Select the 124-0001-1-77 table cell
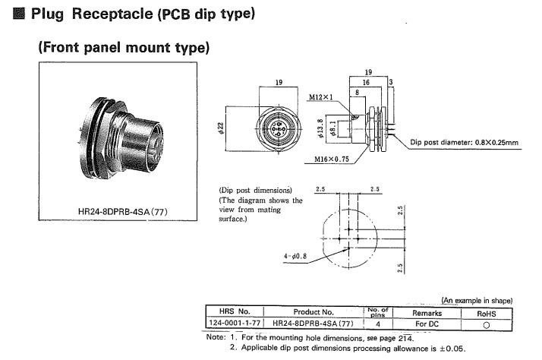click(x=235, y=323)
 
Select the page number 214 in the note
click(x=407, y=337)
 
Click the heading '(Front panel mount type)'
click(x=124, y=48)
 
